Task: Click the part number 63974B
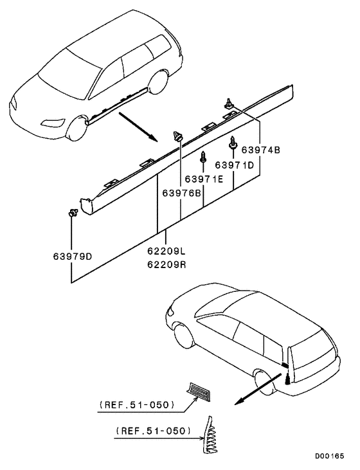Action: (x=260, y=150)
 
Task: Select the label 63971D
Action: (x=235, y=165)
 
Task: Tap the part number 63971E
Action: (x=204, y=179)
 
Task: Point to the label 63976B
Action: (x=182, y=193)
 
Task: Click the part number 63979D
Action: (x=72, y=257)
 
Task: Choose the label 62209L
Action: (x=166, y=251)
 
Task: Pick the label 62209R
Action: (x=166, y=265)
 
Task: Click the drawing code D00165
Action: (x=329, y=456)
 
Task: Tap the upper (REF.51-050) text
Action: (x=137, y=405)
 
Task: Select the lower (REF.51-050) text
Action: (x=153, y=431)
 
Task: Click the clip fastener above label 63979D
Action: (x=73, y=213)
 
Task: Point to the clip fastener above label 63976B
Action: (x=178, y=136)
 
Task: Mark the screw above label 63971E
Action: (x=203, y=156)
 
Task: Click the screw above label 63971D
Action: (x=233, y=142)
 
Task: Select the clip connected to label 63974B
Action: (x=229, y=103)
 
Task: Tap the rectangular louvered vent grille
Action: (x=199, y=391)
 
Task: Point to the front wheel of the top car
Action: (x=77, y=128)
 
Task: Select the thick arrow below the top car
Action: (x=138, y=127)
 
